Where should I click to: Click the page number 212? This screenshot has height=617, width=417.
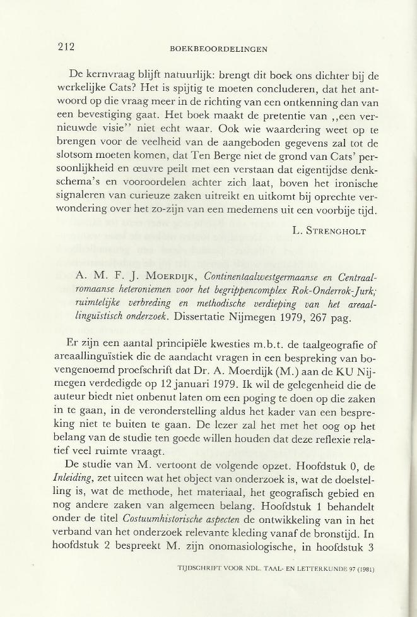65,46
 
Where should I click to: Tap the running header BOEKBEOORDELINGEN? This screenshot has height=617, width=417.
219,48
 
